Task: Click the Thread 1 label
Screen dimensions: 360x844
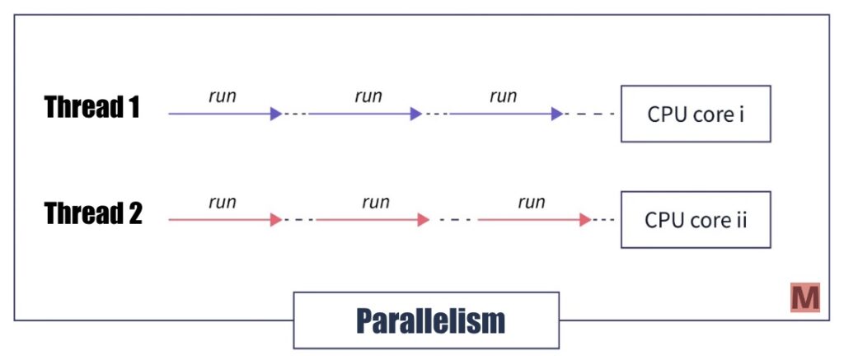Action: coord(91,107)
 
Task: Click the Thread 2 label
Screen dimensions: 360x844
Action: coord(93,214)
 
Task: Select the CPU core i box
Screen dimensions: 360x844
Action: coord(696,114)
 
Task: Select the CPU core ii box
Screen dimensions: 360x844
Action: coord(696,220)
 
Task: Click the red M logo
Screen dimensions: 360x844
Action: coord(804,297)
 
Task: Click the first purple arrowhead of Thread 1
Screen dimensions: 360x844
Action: coord(276,114)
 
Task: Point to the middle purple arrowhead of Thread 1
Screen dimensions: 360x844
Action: coord(416,114)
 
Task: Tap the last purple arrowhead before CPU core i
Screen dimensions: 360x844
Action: coord(557,114)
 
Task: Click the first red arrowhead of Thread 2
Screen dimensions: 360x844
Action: coord(276,220)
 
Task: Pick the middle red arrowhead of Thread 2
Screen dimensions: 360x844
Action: coord(424,220)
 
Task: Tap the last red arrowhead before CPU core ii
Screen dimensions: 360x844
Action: coord(585,220)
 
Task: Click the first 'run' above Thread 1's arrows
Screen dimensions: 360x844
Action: coord(223,96)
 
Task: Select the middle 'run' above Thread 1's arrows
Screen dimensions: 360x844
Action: coord(368,96)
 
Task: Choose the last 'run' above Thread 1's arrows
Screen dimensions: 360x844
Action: coord(504,96)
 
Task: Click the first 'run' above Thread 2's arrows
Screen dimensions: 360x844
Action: coord(223,203)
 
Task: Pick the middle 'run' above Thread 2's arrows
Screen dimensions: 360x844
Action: coord(375,203)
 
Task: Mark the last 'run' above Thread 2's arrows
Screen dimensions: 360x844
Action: coord(532,203)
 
